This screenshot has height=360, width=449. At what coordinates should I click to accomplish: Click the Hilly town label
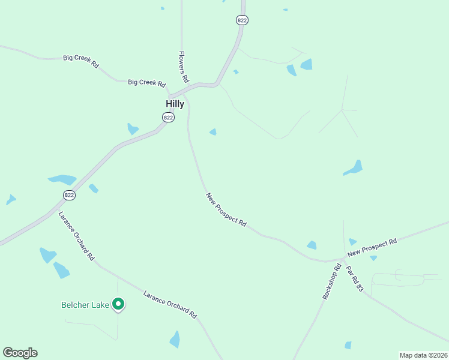tap(175, 104)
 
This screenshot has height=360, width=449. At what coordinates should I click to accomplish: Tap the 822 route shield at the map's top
tap(242, 20)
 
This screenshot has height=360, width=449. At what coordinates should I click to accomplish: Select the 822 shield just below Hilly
tap(168, 118)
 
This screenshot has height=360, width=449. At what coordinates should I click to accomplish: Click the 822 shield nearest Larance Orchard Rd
tap(69, 195)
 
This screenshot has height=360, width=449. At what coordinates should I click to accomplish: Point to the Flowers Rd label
tap(184, 67)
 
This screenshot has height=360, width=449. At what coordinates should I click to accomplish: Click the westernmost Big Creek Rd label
tap(81, 61)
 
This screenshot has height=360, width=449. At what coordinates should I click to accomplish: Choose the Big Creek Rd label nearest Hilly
tap(146, 82)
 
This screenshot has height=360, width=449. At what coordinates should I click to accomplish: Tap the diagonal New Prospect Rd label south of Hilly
tap(226, 209)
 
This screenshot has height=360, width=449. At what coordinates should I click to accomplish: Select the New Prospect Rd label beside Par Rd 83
tap(372, 246)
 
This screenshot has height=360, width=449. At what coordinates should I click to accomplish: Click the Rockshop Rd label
tap(331, 282)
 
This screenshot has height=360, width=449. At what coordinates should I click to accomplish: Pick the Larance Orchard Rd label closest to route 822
tap(77, 236)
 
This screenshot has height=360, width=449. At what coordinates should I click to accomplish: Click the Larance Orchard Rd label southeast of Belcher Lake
tap(170, 304)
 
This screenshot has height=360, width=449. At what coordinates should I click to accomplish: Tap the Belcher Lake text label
tap(85, 305)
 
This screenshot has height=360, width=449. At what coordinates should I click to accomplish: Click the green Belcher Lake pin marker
tap(119, 304)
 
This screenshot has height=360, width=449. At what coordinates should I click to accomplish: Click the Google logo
tap(20, 353)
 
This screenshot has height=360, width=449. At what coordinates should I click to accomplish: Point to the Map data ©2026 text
tap(423, 355)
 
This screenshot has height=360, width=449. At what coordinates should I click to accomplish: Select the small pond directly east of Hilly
tap(212, 132)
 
